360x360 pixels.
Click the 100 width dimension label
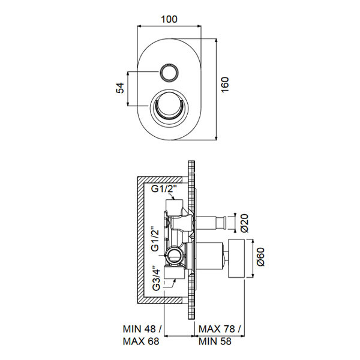click(x=170, y=19)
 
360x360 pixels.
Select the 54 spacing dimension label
click(x=119, y=88)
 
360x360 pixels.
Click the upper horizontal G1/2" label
click(x=163, y=190)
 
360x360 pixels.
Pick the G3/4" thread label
click(x=154, y=278)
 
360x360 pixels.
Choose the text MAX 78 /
click(x=220, y=329)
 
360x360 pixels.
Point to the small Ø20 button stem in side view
click(x=213, y=223)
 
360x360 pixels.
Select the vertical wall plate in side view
click(x=193, y=240)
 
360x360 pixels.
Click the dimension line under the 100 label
click(x=170, y=26)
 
